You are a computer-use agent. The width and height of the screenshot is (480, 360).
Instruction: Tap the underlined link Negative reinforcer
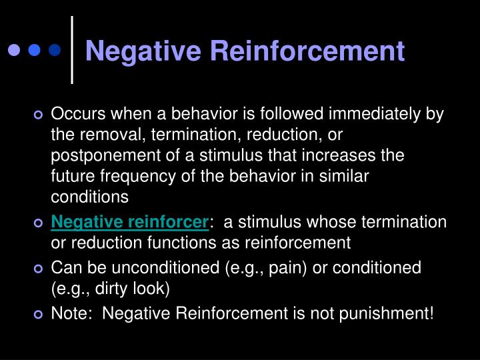click(x=130, y=221)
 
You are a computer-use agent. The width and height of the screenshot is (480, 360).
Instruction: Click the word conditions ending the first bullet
click(x=89, y=197)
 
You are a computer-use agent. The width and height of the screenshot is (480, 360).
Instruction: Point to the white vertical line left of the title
click(x=72, y=50)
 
